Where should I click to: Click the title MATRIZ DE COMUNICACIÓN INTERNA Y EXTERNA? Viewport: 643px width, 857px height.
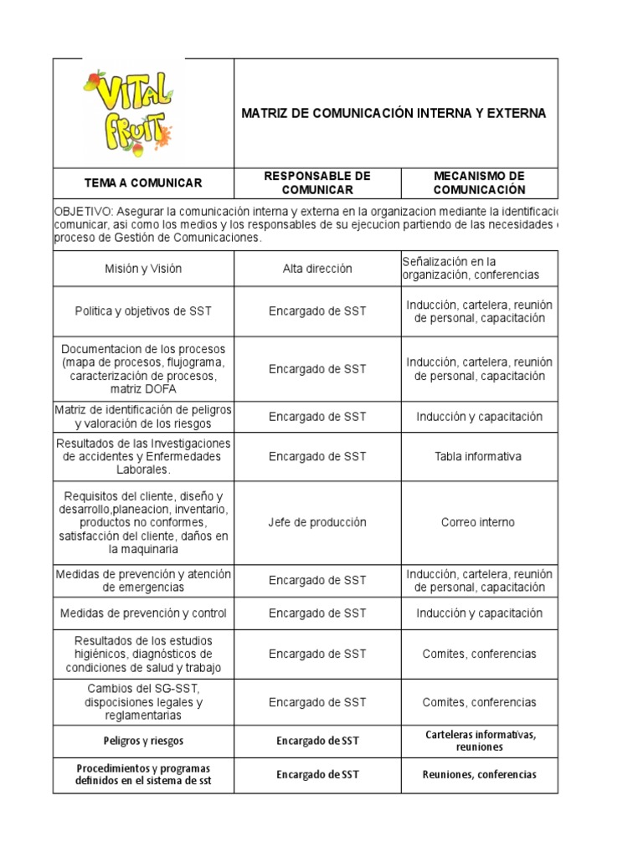[394, 113]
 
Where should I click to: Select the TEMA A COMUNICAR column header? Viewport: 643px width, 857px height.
[143, 182]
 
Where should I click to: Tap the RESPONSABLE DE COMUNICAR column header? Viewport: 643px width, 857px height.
[317, 182]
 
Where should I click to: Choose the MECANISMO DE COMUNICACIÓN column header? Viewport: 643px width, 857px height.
[479, 182]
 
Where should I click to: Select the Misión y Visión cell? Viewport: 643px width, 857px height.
[143, 269]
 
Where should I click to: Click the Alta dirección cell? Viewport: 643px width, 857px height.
[317, 269]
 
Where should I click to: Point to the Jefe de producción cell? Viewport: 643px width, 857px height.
[317, 522]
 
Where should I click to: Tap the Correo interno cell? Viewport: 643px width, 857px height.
[478, 522]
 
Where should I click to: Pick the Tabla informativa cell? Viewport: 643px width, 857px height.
[478, 456]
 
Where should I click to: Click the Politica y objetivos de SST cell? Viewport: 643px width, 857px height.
[143, 311]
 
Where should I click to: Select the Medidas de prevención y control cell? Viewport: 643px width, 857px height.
[143, 613]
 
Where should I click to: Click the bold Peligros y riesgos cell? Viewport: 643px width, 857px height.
[143, 741]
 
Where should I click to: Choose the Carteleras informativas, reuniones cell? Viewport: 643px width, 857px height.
[478, 741]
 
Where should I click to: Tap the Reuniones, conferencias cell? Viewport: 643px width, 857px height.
[478, 774]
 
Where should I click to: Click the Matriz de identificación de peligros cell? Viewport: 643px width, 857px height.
[143, 416]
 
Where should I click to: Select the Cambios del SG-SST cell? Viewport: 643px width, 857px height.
[143, 702]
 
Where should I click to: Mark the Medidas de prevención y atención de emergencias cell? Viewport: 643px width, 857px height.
[143, 580]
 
